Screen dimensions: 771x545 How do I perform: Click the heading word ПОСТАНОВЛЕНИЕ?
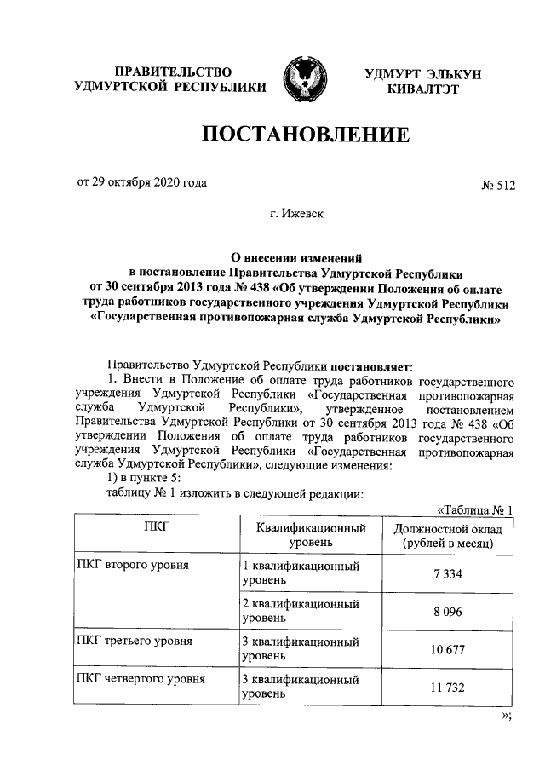click(x=304, y=135)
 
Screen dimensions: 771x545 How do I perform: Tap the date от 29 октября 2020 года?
click(x=142, y=182)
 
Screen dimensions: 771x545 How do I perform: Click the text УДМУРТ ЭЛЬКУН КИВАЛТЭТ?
click(x=423, y=81)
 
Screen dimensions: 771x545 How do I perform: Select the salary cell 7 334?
click(x=447, y=574)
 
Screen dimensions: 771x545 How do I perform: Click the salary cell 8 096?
click(x=447, y=612)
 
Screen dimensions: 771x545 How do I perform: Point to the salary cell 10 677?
click(x=447, y=650)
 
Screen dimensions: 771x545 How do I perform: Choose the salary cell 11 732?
click(x=447, y=688)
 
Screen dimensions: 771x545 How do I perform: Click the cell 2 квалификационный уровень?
click(x=300, y=611)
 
